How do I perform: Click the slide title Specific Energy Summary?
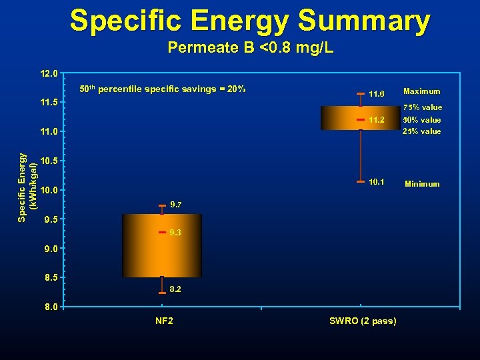coord(250,21)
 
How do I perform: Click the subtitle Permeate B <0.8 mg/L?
coord(250,48)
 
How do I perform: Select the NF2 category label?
coord(164,321)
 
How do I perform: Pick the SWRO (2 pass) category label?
coord(363,321)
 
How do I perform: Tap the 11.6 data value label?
coord(377,94)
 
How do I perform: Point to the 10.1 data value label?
coord(377,181)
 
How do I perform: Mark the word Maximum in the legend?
coord(421,91)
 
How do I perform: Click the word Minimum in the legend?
coord(421,184)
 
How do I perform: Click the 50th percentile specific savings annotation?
coord(163,89)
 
